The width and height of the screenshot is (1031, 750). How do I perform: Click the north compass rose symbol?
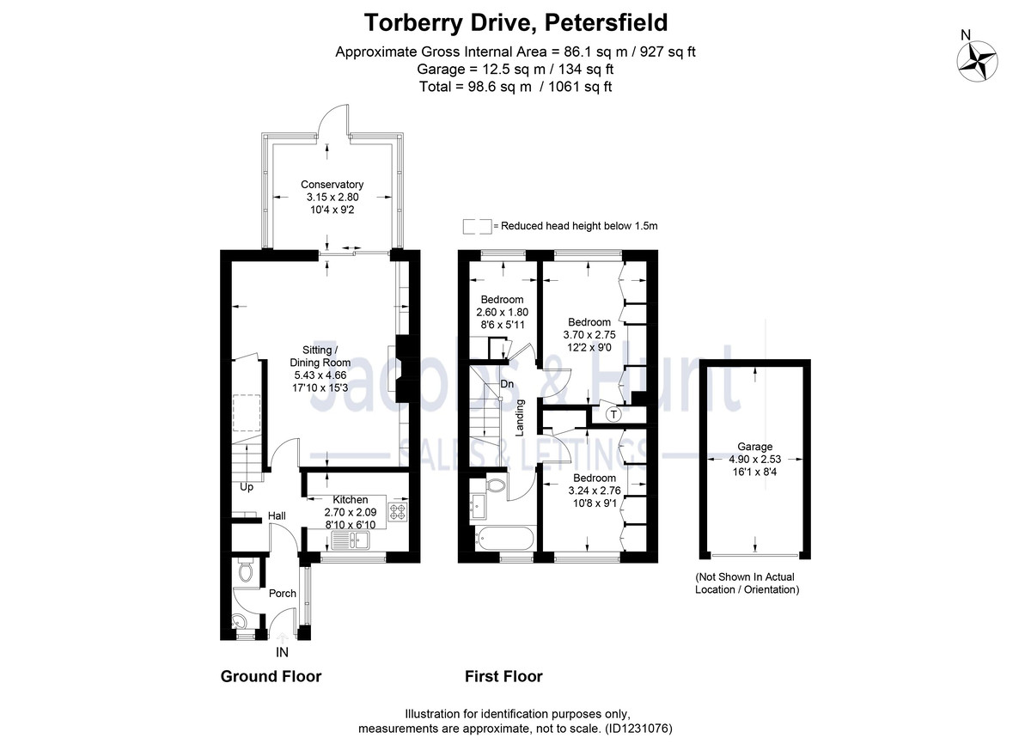tap(978, 62)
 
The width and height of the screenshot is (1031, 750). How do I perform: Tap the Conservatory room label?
tap(332, 185)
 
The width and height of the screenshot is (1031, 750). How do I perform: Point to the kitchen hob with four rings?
tap(399, 513)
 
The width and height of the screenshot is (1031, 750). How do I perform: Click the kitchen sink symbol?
tap(351, 540)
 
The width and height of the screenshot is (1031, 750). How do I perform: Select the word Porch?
tap(283, 594)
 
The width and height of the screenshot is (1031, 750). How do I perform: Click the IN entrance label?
tap(282, 652)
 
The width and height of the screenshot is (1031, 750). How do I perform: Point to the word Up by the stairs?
tap(247, 487)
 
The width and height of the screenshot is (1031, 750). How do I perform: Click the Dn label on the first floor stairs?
tap(507, 384)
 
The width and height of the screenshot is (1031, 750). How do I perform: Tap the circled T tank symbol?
tap(613, 415)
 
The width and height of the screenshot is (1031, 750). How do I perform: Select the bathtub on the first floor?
tap(503, 540)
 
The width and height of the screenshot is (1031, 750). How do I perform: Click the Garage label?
tap(754, 447)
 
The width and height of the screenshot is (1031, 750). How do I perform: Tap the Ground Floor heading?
tap(271, 676)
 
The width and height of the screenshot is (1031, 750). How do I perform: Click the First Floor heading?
tap(503, 676)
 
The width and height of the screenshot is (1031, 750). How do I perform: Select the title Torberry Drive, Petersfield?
tap(515, 21)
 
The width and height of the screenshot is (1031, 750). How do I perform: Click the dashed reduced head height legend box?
tap(477, 226)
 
